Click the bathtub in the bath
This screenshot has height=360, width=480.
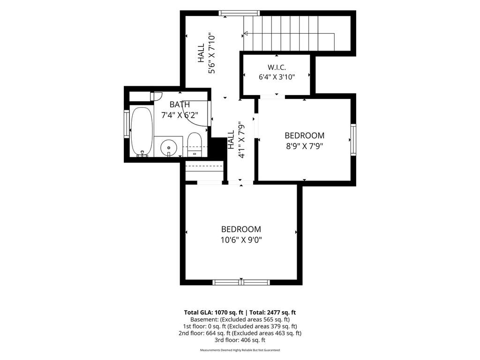coord(142,132)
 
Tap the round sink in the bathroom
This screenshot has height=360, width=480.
coord(169,148)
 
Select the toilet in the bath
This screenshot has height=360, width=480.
coord(194,144)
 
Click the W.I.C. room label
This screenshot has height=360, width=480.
coord(277,67)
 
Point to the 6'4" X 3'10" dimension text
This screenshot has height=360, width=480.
coord(277,76)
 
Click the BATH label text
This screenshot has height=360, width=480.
coord(180,105)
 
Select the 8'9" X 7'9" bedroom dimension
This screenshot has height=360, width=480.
coord(305,146)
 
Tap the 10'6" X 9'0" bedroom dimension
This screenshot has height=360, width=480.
coord(241,240)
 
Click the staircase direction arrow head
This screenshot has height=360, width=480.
coord(246,33)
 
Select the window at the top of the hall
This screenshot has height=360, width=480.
coord(240,13)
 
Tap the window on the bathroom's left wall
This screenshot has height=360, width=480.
coord(127,124)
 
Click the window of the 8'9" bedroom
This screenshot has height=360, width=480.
coord(353,140)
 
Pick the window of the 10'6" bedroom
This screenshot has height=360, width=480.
coord(241,282)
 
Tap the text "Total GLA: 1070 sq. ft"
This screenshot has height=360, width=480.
coord(214,313)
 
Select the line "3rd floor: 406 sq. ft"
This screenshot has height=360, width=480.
coord(240,340)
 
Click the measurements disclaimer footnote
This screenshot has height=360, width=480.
coord(240,350)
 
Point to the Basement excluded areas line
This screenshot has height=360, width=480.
coord(240,320)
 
